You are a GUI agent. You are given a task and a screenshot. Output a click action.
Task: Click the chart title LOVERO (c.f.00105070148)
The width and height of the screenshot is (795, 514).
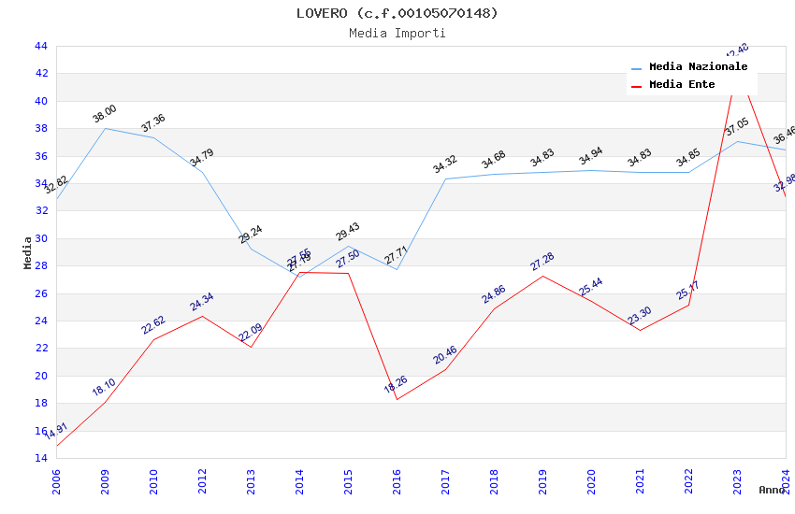click(x=397, y=13)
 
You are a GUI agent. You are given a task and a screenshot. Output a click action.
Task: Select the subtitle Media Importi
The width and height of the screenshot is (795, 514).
click(x=397, y=33)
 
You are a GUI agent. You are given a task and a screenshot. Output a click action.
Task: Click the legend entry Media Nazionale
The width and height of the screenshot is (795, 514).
click(x=698, y=67)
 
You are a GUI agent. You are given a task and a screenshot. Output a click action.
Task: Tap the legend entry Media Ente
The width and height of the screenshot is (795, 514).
click(x=682, y=85)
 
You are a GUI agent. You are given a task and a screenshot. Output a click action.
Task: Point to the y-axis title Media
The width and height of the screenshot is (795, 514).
click(x=28, y=252)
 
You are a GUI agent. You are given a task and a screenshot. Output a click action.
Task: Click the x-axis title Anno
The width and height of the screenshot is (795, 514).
click(x=772, y=490)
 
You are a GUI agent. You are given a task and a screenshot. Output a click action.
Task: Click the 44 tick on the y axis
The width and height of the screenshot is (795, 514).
click(x=40, y=46)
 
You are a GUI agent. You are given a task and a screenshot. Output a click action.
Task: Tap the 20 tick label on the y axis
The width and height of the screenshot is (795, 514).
click(x=40, y=376)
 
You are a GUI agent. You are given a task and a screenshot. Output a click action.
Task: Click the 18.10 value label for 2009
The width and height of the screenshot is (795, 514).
click(x=104, y=387)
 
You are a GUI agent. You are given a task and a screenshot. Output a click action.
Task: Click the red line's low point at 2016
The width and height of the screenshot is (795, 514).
click(x=397, y=400)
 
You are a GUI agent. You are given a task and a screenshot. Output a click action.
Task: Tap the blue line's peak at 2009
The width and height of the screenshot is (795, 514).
click(x=105, y=128)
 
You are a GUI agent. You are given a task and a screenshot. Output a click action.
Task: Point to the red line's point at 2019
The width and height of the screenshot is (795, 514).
click(x=542, y=276)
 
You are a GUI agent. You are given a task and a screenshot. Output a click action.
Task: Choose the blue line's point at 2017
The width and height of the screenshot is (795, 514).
click(x=445, y=178)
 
